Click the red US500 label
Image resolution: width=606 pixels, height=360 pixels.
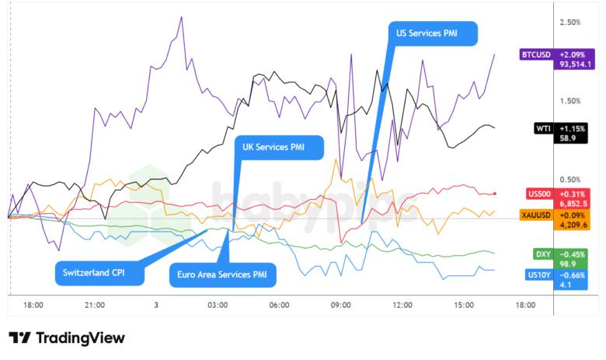(538, 193)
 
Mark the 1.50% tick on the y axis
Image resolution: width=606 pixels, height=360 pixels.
(570, 101)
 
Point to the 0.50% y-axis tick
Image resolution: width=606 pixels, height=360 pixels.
(570, 180)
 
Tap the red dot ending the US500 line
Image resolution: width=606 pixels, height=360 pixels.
(495, 193)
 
